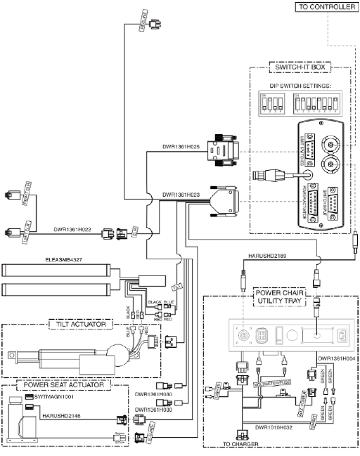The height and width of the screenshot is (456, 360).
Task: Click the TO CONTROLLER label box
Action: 327,7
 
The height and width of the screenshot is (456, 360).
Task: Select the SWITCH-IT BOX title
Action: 300,67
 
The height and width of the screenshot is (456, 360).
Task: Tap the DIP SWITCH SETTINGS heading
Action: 300,86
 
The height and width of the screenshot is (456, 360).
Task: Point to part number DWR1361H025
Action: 180,147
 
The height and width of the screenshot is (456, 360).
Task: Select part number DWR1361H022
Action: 72,229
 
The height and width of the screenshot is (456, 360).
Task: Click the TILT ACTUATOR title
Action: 81,324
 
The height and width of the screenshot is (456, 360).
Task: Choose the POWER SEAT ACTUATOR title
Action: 64,385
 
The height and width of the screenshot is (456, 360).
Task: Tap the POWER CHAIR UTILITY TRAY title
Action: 279,297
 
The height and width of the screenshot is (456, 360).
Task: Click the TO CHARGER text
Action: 240,444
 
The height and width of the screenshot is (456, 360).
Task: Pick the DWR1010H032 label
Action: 274,428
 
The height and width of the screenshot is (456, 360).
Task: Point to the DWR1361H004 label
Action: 337,358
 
